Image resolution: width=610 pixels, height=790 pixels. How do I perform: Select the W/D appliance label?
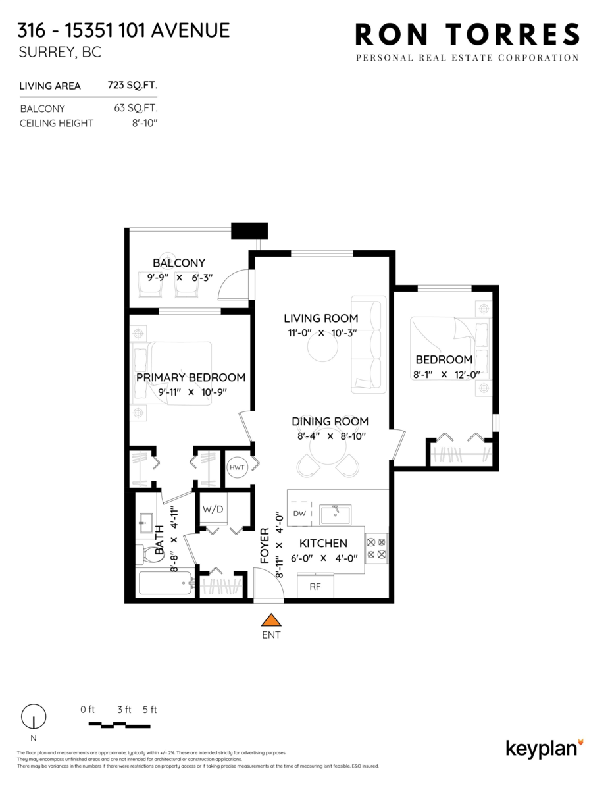click(212, 509)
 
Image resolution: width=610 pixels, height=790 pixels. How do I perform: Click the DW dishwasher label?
click(299, 513)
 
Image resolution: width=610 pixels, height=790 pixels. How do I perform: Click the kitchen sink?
click(335, 514)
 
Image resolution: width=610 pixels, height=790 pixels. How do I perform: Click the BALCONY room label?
click(179, 263)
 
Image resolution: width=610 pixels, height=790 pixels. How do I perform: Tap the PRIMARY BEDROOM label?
click(191, 377)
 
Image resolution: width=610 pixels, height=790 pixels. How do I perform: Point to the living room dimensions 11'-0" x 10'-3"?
click(322, 332)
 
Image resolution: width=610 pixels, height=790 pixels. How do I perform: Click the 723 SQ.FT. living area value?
click(132, 86)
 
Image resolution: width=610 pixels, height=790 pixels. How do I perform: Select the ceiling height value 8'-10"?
click(145, 123)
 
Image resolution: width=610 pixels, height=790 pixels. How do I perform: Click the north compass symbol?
click(34, 716)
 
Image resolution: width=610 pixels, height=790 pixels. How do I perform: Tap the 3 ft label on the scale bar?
click(124, 709)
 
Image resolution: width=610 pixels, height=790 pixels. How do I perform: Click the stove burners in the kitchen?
click(376, 548)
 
